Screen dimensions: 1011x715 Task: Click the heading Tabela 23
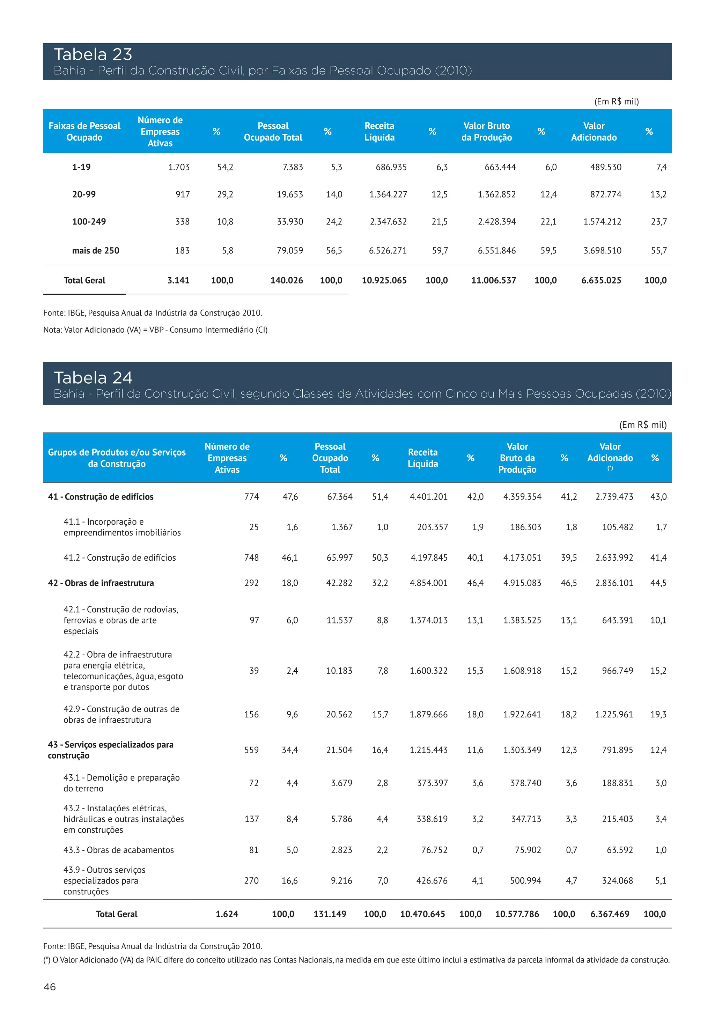(x=93, y=54)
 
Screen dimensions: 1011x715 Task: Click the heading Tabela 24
(x=93, y=378)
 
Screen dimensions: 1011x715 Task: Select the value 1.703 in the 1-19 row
(x=179, y=167)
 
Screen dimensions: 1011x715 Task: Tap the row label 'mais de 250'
(x=96, y=251)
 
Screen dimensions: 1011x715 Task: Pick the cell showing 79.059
(x=290, y=251)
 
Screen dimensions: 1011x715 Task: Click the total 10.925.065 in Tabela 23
(x=384, y=280)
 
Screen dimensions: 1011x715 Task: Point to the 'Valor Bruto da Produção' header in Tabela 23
(x=486, y=132)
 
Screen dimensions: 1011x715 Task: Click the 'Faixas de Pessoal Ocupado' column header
(x=84, y=132)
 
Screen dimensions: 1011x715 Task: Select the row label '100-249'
(x=89, y=221)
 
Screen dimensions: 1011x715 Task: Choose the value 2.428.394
(x=497, y=221)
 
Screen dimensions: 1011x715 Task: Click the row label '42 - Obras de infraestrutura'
(x=101, y=583)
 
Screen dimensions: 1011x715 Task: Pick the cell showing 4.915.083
(x=522, y=583)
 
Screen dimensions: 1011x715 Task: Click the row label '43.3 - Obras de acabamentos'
(x=118, y=850)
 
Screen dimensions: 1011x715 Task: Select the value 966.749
(x=617, y=671)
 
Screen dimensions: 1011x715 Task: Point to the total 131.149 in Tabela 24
(x=330, y=914)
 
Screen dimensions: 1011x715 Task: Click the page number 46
(x=50, y=987)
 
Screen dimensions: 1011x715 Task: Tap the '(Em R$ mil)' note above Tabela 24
(x=643, y=425)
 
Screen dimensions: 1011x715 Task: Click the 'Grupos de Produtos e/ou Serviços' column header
(x=117, y=458)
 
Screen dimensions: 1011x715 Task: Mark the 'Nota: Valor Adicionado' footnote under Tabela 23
(x=155, y=330)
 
